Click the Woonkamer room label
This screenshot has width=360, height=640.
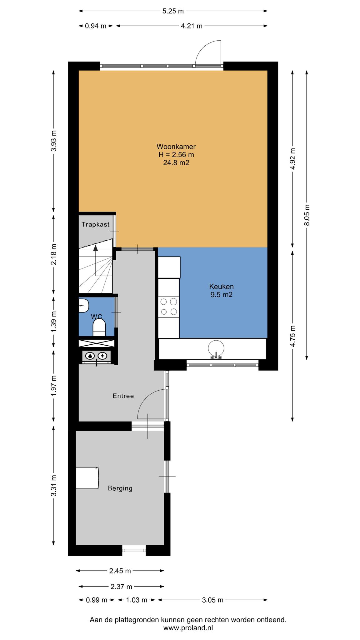point(176,147)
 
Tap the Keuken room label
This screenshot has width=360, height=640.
point(222,287)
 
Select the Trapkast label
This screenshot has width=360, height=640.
point(96,224)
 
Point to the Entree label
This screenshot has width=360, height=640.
point(123,396)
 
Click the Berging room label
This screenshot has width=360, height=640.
point(120,488)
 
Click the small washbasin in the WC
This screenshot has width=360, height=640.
point(84,305)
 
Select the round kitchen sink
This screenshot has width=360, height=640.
point(216,348)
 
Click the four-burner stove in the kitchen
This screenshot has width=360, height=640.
point(168,307)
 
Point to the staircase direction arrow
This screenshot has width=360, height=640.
point(96,248)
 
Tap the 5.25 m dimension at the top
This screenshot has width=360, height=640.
point(173,11)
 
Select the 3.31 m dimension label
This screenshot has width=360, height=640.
point(54,486)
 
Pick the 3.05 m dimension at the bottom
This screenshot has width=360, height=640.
point(212,600)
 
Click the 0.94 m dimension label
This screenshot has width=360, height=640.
point(96,26)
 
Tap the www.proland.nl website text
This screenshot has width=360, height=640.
point(188,628)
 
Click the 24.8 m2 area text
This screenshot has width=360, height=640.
point(176,163)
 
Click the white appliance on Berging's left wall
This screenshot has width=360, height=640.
point(88,478)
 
